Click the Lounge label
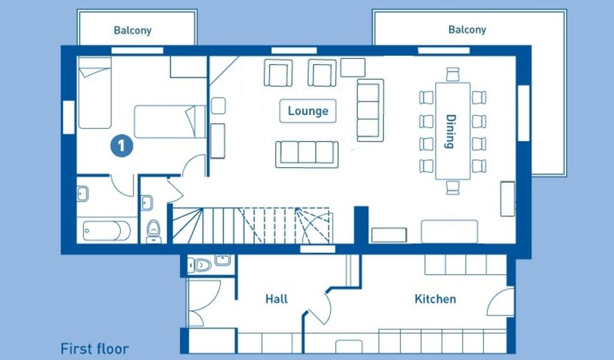click(308, 111)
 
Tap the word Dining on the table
click(451, 131)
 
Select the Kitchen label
click(435, 299)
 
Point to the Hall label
click(276, 299)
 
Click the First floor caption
click(94, 349)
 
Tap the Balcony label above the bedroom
click(133, 30)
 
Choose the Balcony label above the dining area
click(467, 29)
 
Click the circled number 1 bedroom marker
click(121, 146)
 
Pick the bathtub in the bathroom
click(107, 231)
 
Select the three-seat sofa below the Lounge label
click(306, 154)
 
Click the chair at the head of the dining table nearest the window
click(452, 74)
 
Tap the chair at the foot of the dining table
click(453, 187)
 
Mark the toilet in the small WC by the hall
click(200, 265)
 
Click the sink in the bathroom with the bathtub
click(82, 194)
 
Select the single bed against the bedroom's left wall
click(95, 93)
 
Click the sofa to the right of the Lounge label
click(370, 110)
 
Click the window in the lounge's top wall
click(294, 50)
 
